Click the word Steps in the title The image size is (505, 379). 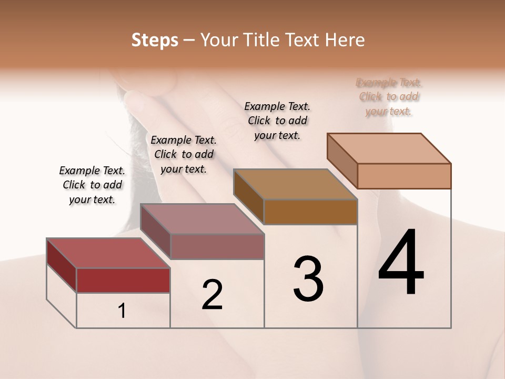[x=155, y=40]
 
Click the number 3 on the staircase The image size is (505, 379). [x=308, y=278]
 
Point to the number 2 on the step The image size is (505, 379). [x=212, y=294]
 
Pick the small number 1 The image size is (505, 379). [x=122, y=311]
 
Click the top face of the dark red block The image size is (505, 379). [x=108, y=253]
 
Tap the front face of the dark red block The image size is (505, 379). [x=123, y=280]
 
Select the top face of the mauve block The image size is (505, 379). [x=202, y=219]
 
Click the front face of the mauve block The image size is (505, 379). [x=217, y=246]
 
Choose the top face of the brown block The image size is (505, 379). [x=295, y=184]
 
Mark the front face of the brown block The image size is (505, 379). [x=310, y=212]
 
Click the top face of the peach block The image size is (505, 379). [x=389, y=148]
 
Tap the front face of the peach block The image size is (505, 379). [x=404, y=176]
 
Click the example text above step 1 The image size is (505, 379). [x=92, y=185]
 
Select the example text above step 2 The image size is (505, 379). [x=184, y=154]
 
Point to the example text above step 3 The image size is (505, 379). [x=277, y=121]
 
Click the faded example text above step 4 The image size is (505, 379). [x=389, y=97]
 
